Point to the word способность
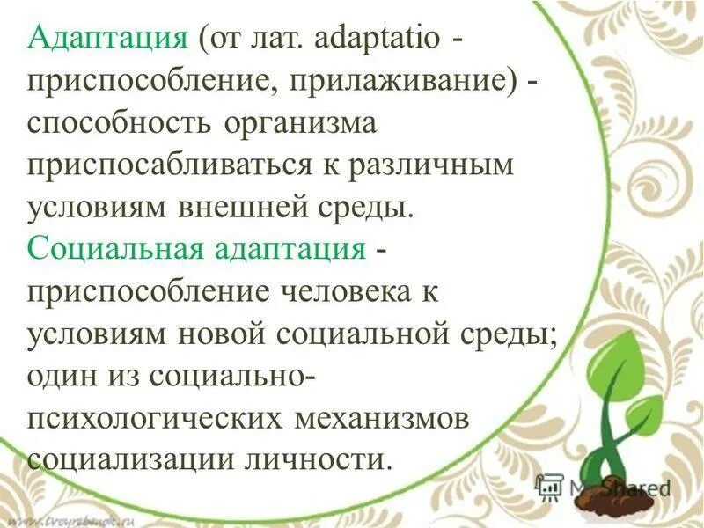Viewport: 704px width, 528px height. (x=123, y=123)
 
